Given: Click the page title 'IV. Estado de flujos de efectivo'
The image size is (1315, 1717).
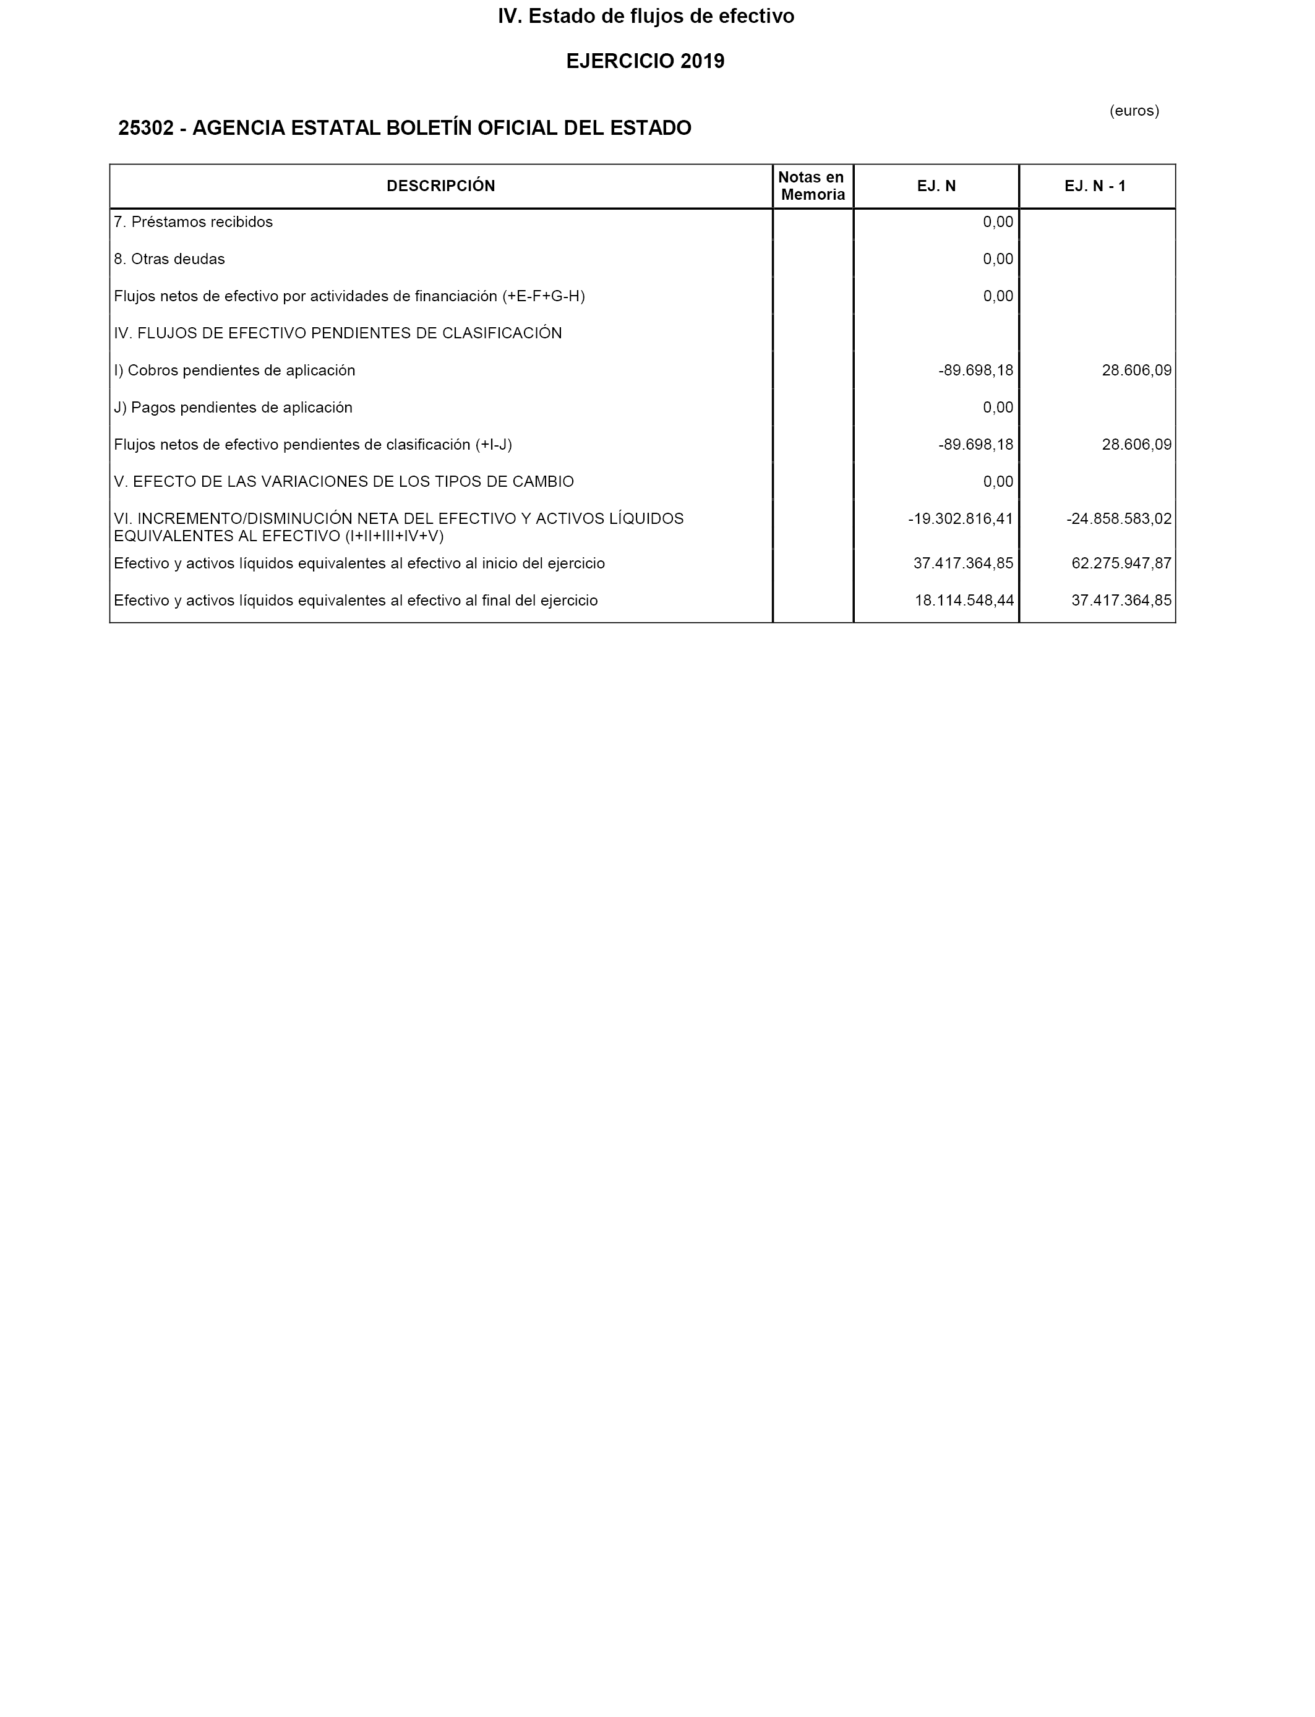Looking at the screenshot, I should tap(646, 17).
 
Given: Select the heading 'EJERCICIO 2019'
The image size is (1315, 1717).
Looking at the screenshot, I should tap(645, 61).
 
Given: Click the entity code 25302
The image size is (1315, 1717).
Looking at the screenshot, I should tap(145, 127).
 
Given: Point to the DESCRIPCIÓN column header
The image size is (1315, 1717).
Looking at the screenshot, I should tap(440, 186).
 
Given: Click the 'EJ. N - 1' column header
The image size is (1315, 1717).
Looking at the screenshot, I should tap(1094, 186).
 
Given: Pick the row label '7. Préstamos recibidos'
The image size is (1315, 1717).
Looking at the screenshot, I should tap(194, 222).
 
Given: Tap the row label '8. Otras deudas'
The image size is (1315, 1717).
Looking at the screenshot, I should tap(169, 259).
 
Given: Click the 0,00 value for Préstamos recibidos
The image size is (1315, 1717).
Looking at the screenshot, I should tap(997, 222).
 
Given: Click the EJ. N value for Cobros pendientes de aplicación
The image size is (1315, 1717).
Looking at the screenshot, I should tap(975, 370).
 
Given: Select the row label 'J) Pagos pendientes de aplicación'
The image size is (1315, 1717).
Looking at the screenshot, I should tap(233, 408).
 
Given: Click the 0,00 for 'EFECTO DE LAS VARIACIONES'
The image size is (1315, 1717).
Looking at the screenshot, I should tap(997, 482).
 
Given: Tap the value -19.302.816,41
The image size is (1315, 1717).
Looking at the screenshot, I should tap(961, 519).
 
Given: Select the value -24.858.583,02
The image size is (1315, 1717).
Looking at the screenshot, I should tap(1118, 519).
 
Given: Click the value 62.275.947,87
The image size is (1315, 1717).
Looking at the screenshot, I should tap(1121, 563).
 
